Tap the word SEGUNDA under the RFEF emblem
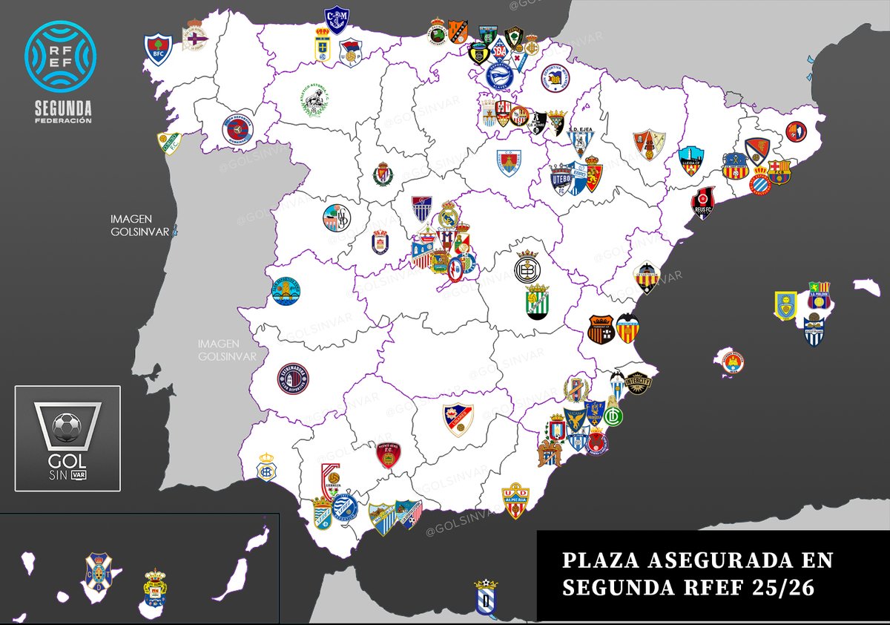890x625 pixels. point(62,107)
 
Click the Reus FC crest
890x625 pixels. point(703,203)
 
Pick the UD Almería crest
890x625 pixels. point(515,502)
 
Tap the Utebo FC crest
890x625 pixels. point(562,178)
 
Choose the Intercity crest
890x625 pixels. point(636,382)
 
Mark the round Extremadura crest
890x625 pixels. point(293,378)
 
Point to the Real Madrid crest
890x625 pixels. point(449,215)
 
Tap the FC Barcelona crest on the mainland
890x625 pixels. point(779,171)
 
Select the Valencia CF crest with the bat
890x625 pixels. point(627,327)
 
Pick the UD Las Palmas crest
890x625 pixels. point(155,589)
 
